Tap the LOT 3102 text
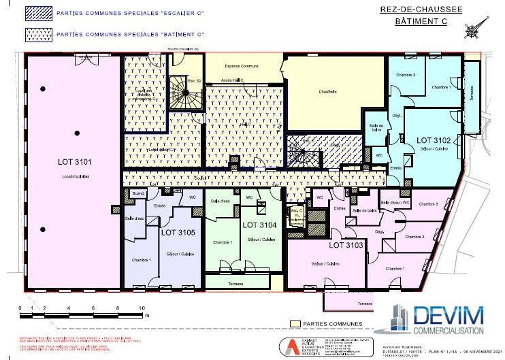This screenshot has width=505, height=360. (434, 140)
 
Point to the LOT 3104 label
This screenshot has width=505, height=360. (258, 225)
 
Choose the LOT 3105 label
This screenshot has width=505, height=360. (178, 232)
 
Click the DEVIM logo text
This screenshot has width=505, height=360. (450, 315)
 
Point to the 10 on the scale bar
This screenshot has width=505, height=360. (142, 308)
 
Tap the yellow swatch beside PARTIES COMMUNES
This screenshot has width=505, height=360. (295, 324)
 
